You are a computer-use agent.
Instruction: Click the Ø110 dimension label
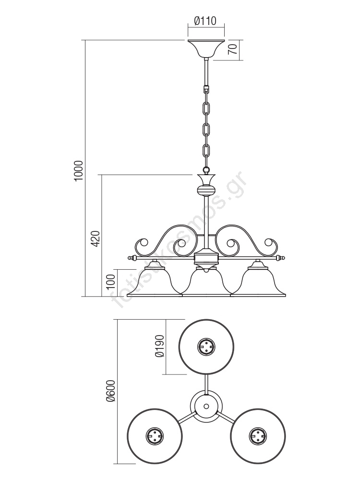coord(205,21)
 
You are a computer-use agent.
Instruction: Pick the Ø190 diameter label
coord(160,346)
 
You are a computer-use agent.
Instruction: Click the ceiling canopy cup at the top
coord(206,48)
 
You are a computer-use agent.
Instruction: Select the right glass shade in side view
coord(259,282)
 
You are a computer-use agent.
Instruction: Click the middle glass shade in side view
coord(206,283)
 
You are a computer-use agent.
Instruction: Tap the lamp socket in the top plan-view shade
coord(206,346)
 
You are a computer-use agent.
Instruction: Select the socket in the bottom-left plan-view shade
coord(154,436)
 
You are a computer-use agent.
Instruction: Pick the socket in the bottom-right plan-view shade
coord(258,436)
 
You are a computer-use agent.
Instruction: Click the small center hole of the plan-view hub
coord(206,406)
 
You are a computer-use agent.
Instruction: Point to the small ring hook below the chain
coord(206,170)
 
